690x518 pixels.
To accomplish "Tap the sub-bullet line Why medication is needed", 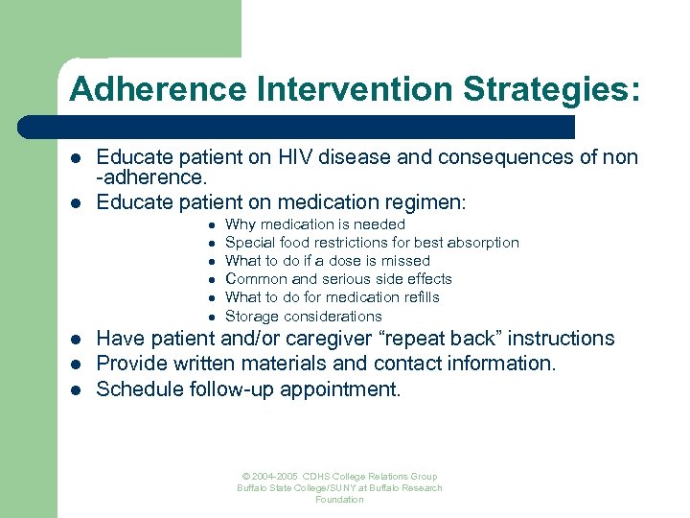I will click(x=314, y=224).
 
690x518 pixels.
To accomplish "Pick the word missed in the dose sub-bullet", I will click(x=406, y=261).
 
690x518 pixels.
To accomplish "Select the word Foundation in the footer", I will click(x=339, y=500).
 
